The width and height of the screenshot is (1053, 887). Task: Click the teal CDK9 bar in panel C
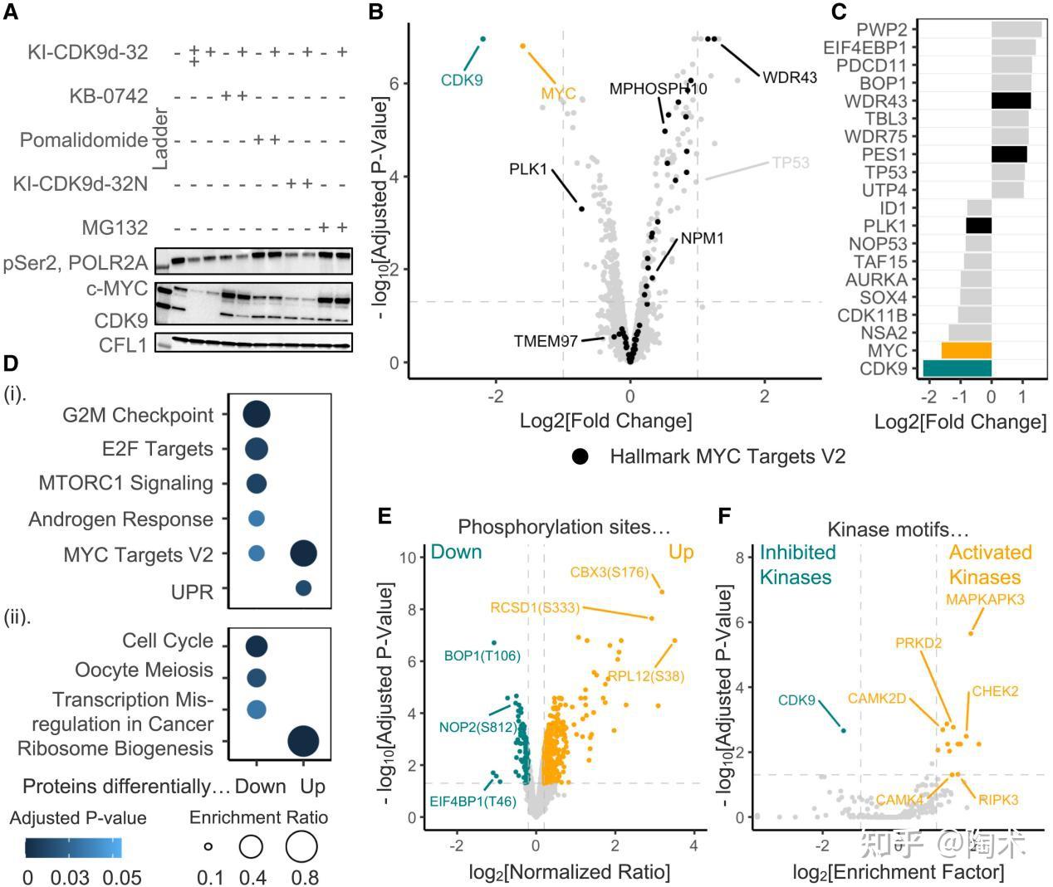(x=957, y=368)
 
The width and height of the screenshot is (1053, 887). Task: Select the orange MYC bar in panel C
(x=966, y=350)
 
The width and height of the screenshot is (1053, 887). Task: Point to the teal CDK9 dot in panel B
(x=482, y=39)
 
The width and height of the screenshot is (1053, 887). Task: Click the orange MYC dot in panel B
(x=522, y=46)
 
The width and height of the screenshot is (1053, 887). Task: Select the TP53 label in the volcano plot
(x=790, y=163)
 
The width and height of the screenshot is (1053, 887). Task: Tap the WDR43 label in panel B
(x=789, y=78)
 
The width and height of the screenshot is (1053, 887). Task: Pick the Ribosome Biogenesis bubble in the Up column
(x=303, y=741)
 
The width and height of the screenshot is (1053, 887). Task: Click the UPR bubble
(x=303, y=588)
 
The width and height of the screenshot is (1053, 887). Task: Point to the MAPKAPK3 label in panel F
(x=985, y=599)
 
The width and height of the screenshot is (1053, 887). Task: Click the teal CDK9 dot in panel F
(x=843, y=730)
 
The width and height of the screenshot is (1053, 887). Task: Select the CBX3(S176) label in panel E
(x=609, y=572)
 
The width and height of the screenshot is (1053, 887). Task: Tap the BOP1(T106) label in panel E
(x=482, y=656)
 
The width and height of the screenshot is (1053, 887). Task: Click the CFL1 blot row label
(x=123, y=344)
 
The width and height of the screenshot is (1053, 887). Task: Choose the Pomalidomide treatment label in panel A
(x=84, y=139)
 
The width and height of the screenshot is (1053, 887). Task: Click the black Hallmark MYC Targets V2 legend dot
(x=580, y=456)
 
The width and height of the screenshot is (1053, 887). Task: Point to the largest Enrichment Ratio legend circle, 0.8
(x=301, y=847)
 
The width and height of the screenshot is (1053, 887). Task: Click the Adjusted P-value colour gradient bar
(x=73, y=847)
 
